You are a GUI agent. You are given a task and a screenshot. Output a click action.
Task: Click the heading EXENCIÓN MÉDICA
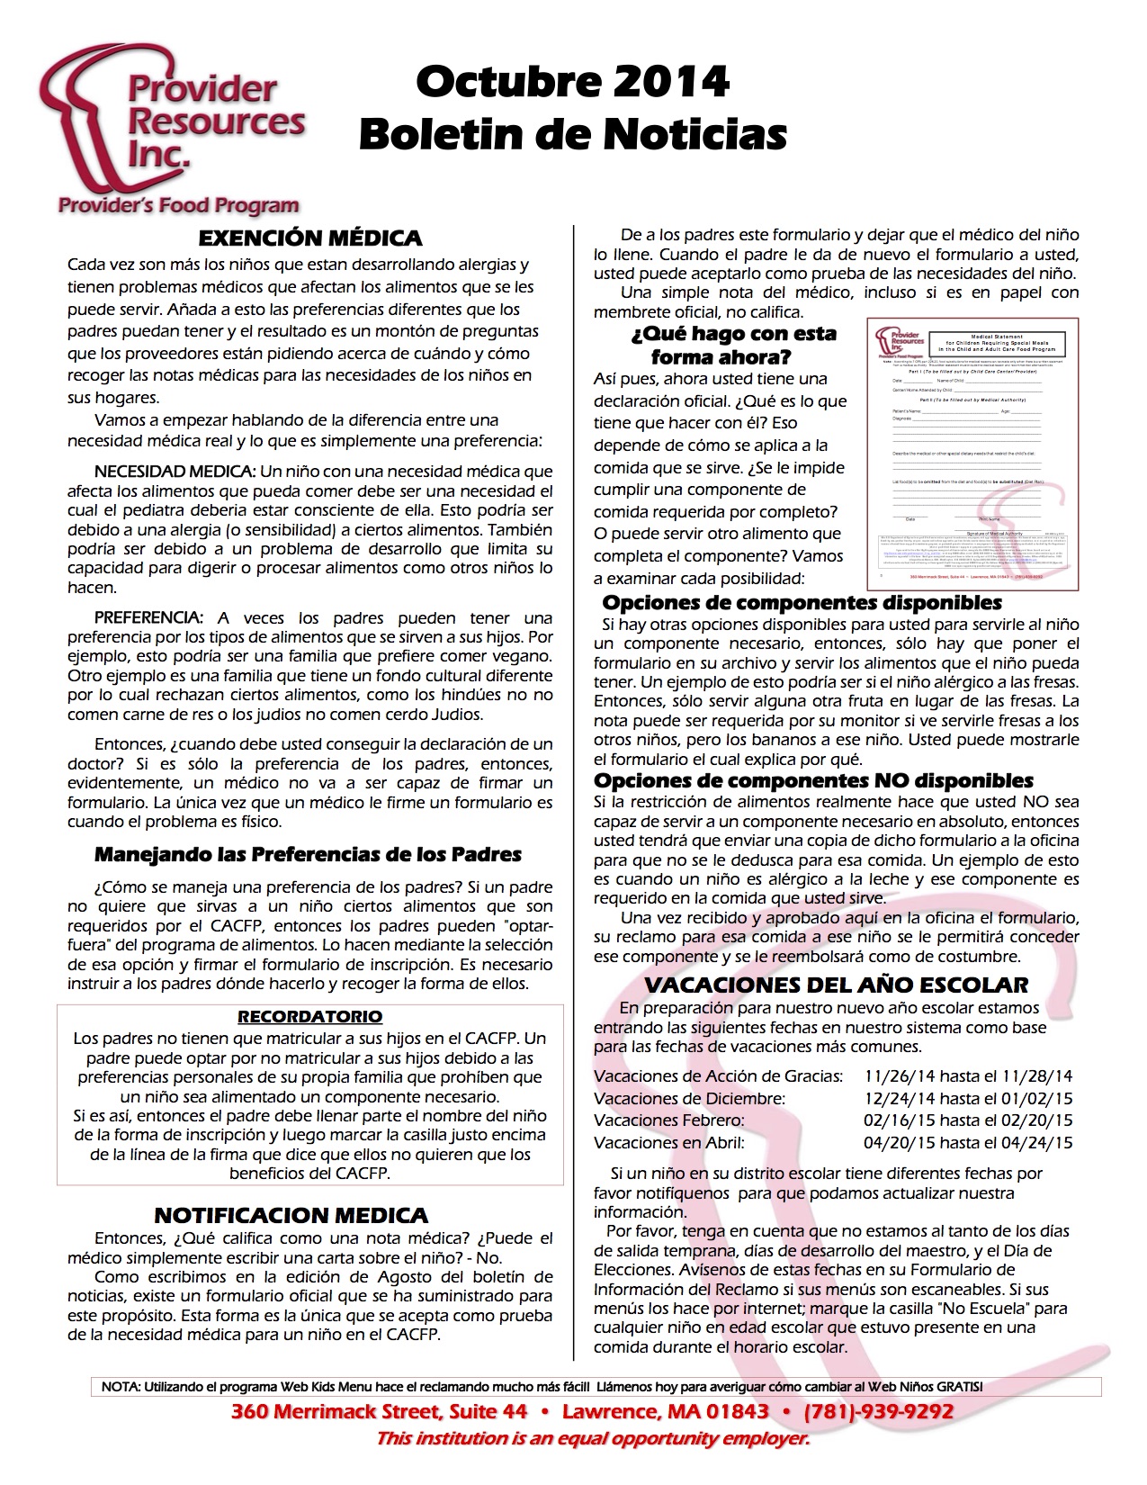pyautogui.click(x=309, y=238)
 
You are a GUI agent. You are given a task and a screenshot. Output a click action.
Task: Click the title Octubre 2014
pyautogui.click(x=572, y=83)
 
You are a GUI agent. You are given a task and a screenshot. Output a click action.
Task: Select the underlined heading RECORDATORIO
pyautogui.click(x=309, y=1017)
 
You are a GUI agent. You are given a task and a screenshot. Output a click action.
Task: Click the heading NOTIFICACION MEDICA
pyautogui.click(x=291, y=1216)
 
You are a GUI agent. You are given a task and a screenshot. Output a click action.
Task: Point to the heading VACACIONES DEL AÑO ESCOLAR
pyautogui.click(x=836, y=985)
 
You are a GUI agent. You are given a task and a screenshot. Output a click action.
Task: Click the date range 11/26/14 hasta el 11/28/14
pyautogui.click(x=968, y=1076)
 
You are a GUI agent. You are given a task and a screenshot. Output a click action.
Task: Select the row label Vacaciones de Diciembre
pyautogui.click(x=689, y=1099)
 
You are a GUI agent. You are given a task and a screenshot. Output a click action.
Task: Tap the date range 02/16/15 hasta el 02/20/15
pyautogui.click(x=968, y=1120)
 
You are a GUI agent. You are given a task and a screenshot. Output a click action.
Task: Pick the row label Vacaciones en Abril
pyautogui.click(x=668, y=1143)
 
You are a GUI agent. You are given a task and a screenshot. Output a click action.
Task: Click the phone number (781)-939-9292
pyautogui.click(x=878, y=1410)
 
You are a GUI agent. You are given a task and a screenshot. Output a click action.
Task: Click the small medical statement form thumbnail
pyautogui.click(x=972, y=454)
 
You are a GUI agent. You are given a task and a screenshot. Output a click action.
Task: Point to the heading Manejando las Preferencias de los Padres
pyautogui.click(x=308, y=854)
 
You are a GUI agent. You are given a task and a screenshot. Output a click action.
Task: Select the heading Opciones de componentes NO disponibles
pyautogui.click(x=813, y=781)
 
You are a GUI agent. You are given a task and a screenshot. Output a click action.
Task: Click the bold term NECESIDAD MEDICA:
pyautogui.click(x=175, y=472)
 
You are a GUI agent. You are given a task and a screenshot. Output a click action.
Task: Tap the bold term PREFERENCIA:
pyautogui.click(x=148, y=618)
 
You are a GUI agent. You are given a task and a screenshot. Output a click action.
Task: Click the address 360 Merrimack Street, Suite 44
pyautogui.click(x=379, y=1410)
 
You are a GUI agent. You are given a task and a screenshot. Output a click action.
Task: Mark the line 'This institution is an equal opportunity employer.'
pyautogui.click(x=593, y=1438)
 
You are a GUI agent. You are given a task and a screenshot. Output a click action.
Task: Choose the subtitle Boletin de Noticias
pyautogui.click(x=572, y=135)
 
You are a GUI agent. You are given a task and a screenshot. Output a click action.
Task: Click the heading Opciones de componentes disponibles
pyautogui.click(x=802, y=603)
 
